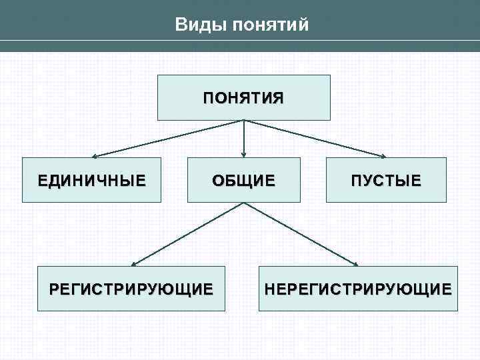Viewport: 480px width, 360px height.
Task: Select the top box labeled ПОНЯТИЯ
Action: [243, 97]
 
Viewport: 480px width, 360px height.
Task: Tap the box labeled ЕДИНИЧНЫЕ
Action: [91, 180]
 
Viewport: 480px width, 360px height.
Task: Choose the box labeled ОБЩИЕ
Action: [243, 180]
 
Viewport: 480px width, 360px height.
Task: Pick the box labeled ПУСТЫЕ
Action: [386, 180]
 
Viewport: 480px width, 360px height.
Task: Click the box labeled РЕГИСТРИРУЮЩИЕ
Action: [131, 289]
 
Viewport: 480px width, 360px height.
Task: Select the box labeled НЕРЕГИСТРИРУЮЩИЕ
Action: [358, 289]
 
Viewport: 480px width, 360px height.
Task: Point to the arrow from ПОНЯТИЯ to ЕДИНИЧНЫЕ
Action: [167, 139]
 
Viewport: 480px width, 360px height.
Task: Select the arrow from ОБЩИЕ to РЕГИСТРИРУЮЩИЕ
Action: [187, 234]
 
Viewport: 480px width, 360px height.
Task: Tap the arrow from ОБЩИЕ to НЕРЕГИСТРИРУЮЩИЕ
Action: [301, 234]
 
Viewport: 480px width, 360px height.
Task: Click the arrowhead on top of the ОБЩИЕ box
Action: [244, 154]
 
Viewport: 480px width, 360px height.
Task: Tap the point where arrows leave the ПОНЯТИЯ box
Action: [244, 121]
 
